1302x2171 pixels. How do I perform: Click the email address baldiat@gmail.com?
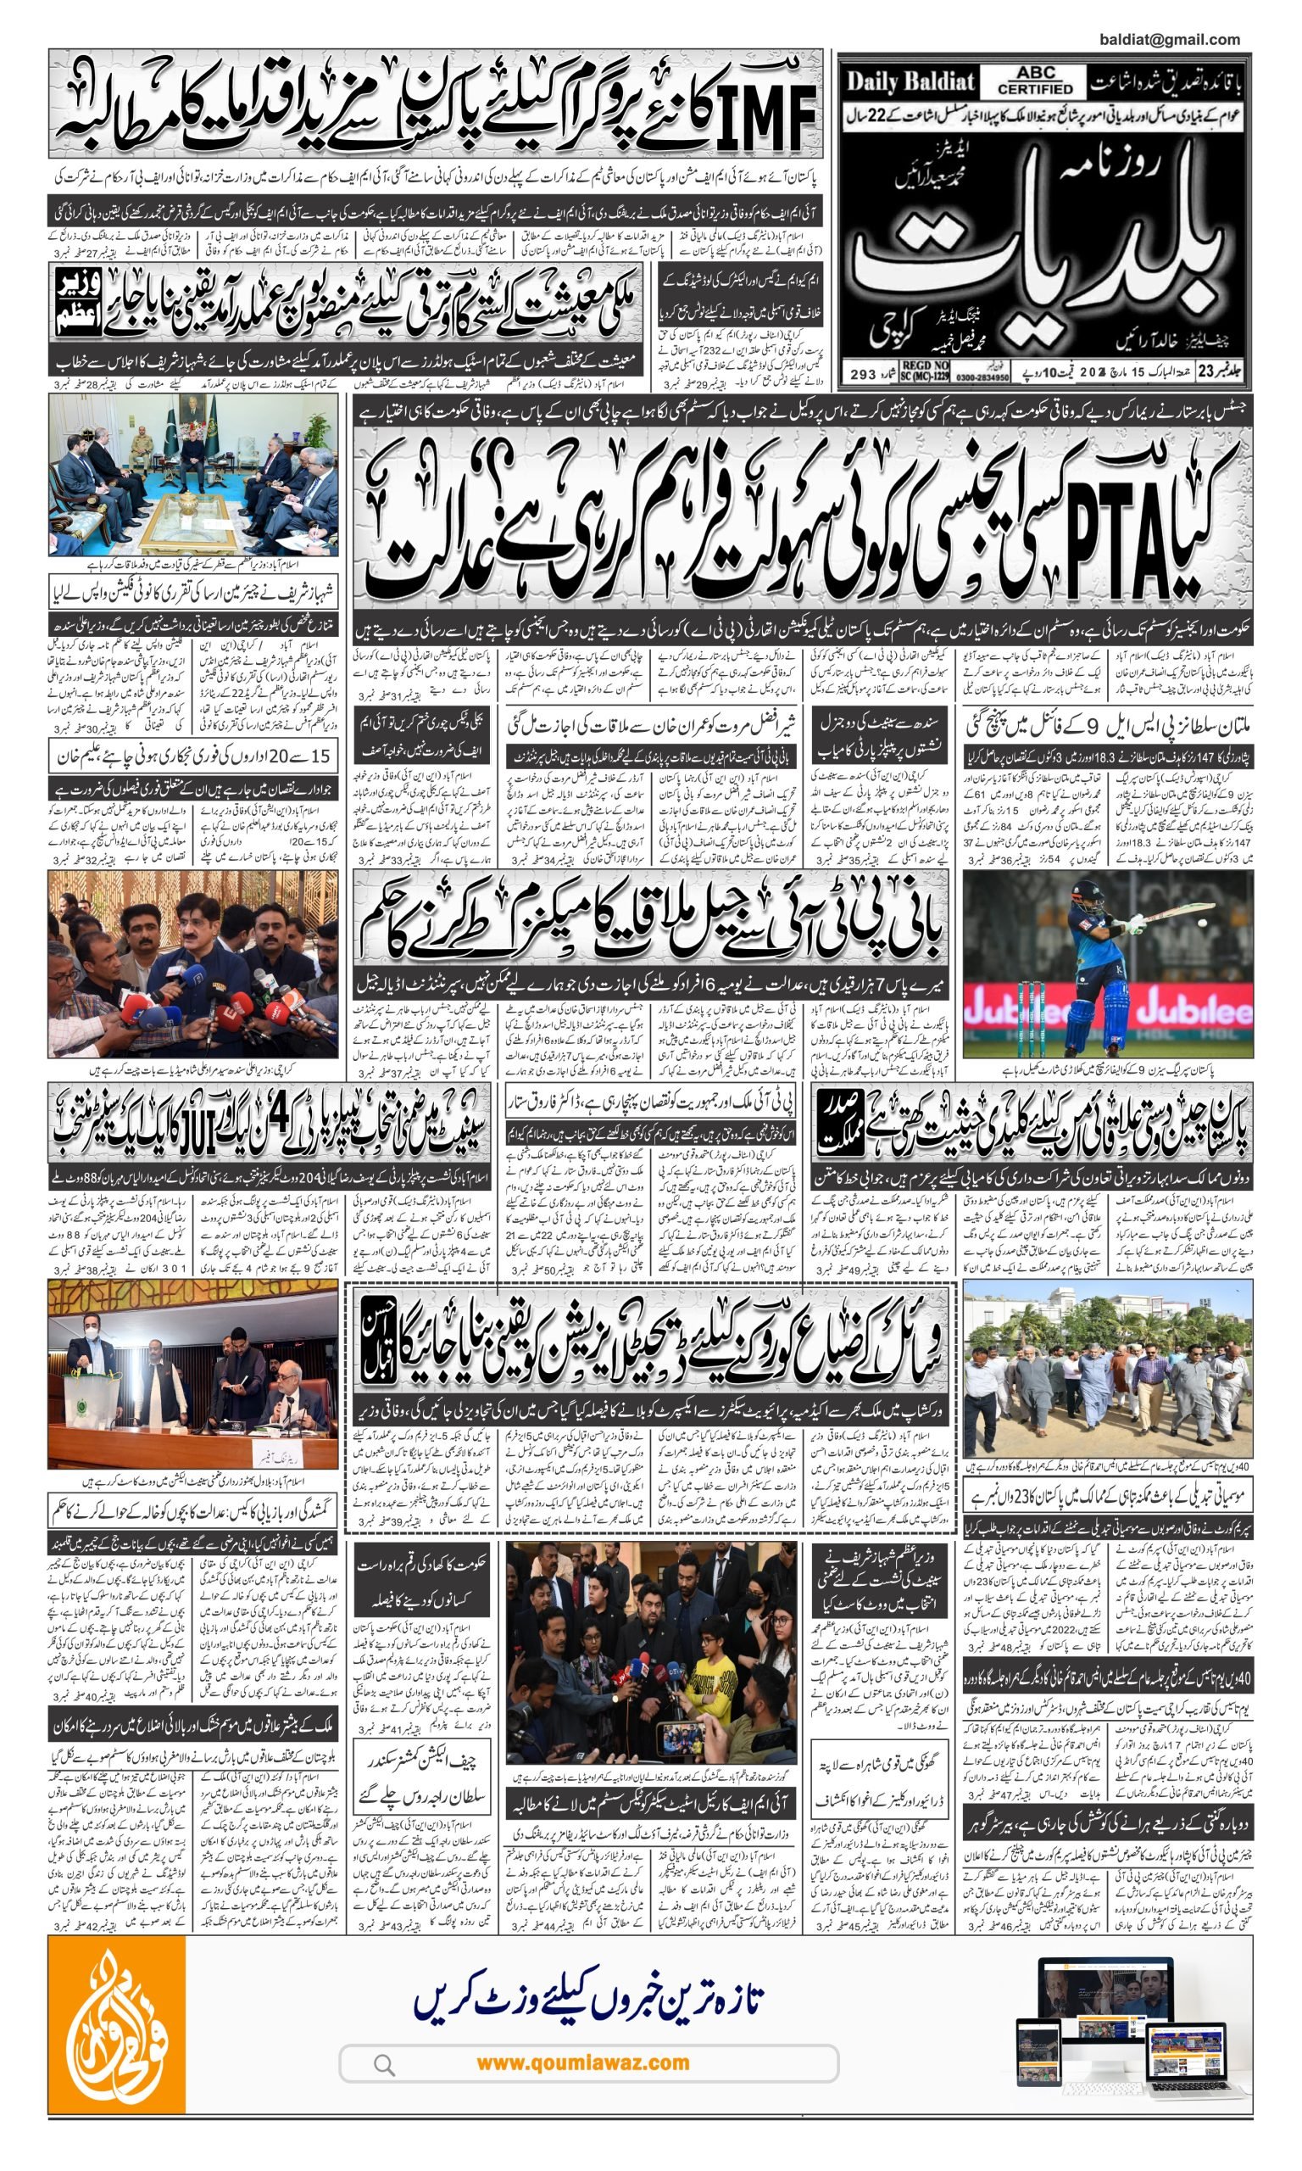tap(1169, 40)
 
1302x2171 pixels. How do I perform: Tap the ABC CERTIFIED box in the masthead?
tap(1035, 81)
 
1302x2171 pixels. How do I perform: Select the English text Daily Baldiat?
tap(910, 82)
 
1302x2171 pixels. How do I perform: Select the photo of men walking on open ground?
tap(1107, 1369)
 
